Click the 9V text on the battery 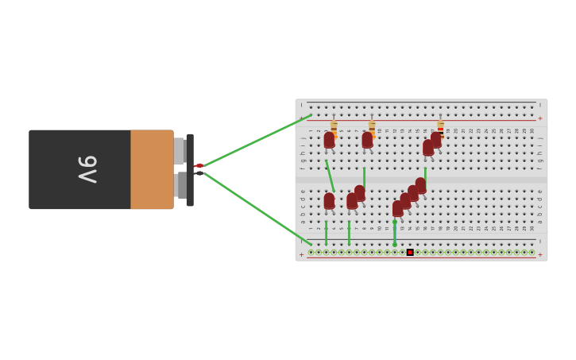[x=87, y=169]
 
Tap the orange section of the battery [x=152, y=169]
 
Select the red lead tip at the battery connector [x=199, y=165]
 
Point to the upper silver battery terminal [x=180, y=151]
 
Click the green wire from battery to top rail [x=254, y=141]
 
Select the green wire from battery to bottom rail [x=254, y=207]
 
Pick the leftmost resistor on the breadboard [x=334, y=128]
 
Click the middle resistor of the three [x=372, y=128]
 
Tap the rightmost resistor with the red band [x=440, y=128]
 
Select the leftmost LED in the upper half [x=329, y=141]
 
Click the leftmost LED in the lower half [x=329, y=201]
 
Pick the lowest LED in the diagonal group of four [x=398, y=208]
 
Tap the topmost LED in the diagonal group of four [x=420, y=185]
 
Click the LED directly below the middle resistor [x=367, y=141]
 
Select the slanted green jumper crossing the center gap [x=330, y=176]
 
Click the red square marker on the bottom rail [x=410, y=252]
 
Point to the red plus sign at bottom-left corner [x=301, y=255]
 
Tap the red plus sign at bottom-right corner [x=540, y=255]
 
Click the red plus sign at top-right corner [x=540, y=118]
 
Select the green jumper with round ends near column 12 [x=395, y=234]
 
